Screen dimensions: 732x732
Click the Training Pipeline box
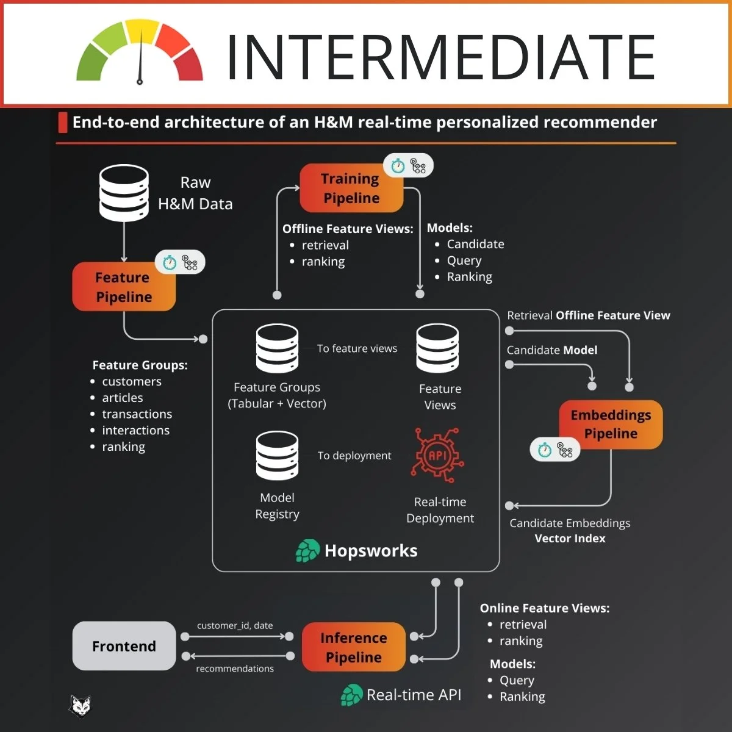tap(351, 188)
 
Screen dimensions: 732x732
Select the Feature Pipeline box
tap(124, 287)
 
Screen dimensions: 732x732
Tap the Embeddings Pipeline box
tap(611, 425)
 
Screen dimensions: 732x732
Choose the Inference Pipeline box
tap(353, 647)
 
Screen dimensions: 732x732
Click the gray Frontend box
tap(124, 646)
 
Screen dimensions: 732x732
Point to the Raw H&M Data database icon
tap(124, 193)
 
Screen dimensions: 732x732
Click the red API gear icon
tap(438, 456)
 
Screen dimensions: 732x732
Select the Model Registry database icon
tap(278, 456)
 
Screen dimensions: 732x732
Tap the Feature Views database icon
tap(437, 348)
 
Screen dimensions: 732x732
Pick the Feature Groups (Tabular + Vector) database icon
tap(278, 348)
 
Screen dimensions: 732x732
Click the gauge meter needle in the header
tap(140, 58)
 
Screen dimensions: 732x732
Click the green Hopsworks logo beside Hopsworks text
tap(307, 551)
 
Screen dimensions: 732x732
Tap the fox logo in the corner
tap(80, 706)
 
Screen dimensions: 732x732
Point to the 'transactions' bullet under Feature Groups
tap(137, 414)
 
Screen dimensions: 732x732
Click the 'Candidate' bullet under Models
tap(475, 244)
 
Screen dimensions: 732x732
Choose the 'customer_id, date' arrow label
tap(235, 626)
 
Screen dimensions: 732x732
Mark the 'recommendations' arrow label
tap(235, 669)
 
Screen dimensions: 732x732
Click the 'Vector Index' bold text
tap(570, 539)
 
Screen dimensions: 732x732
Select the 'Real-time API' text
tap(414, 695)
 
